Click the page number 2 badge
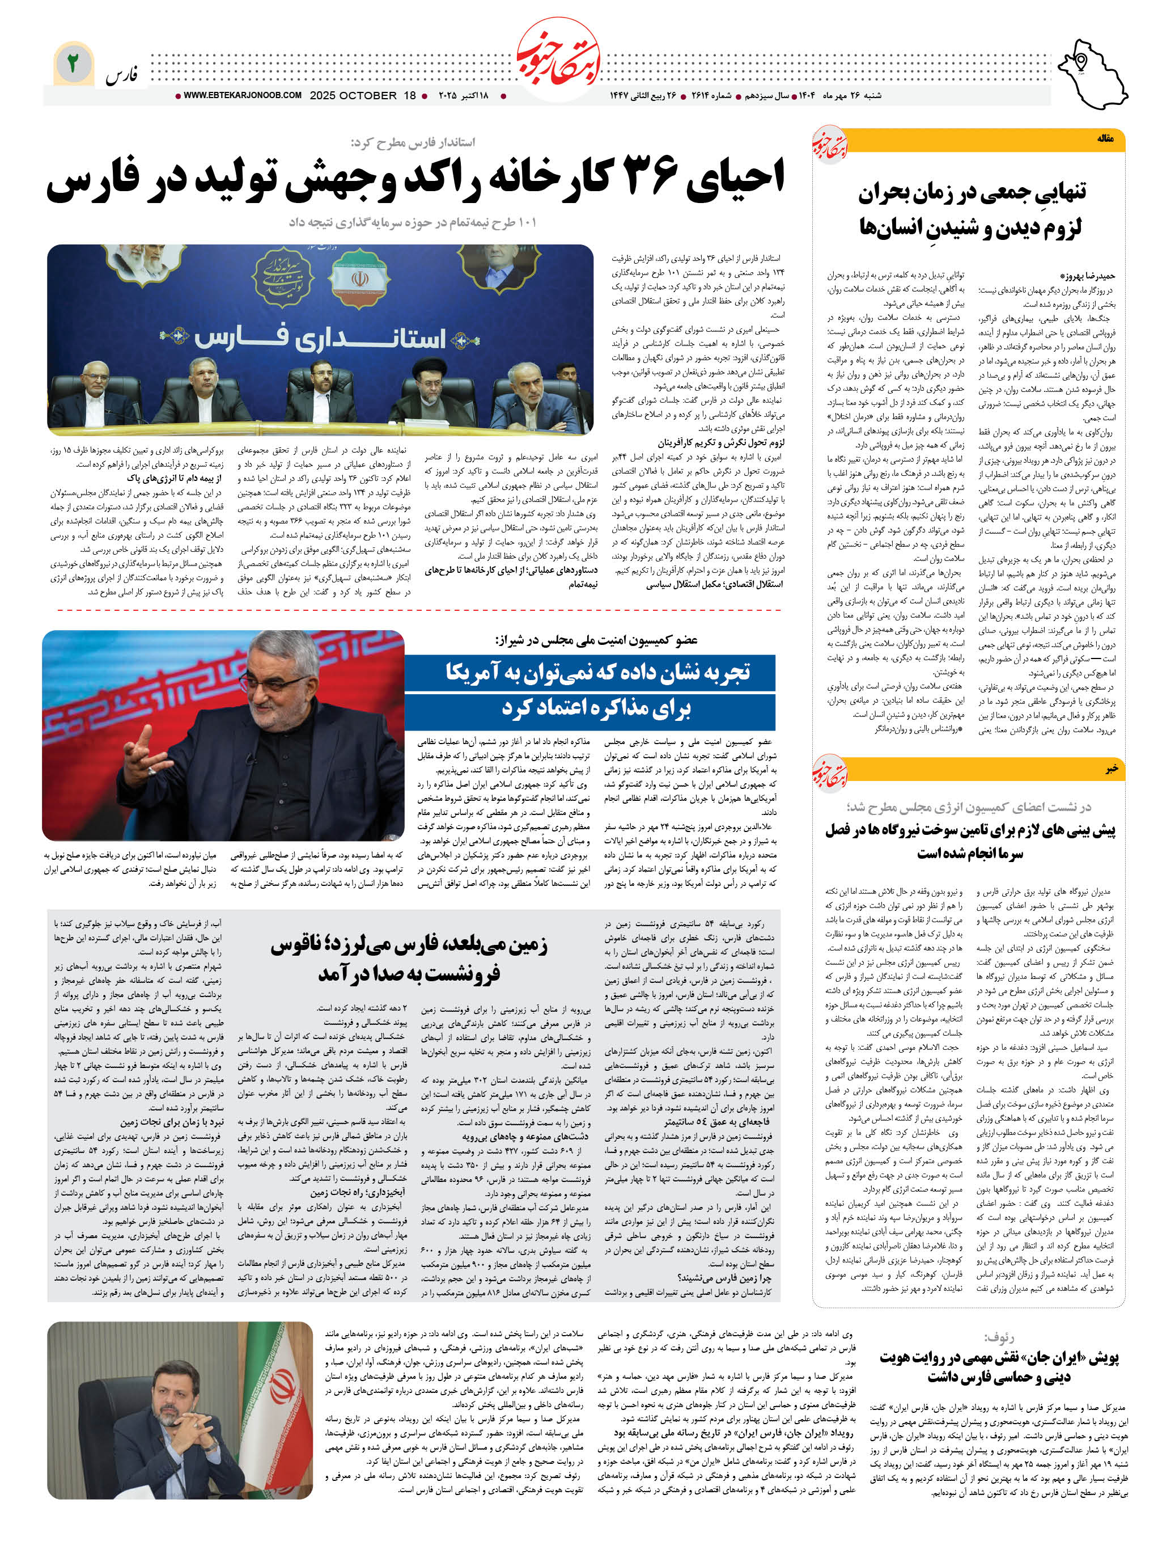tap(73, 64)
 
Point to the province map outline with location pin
tap(1091, 74)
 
